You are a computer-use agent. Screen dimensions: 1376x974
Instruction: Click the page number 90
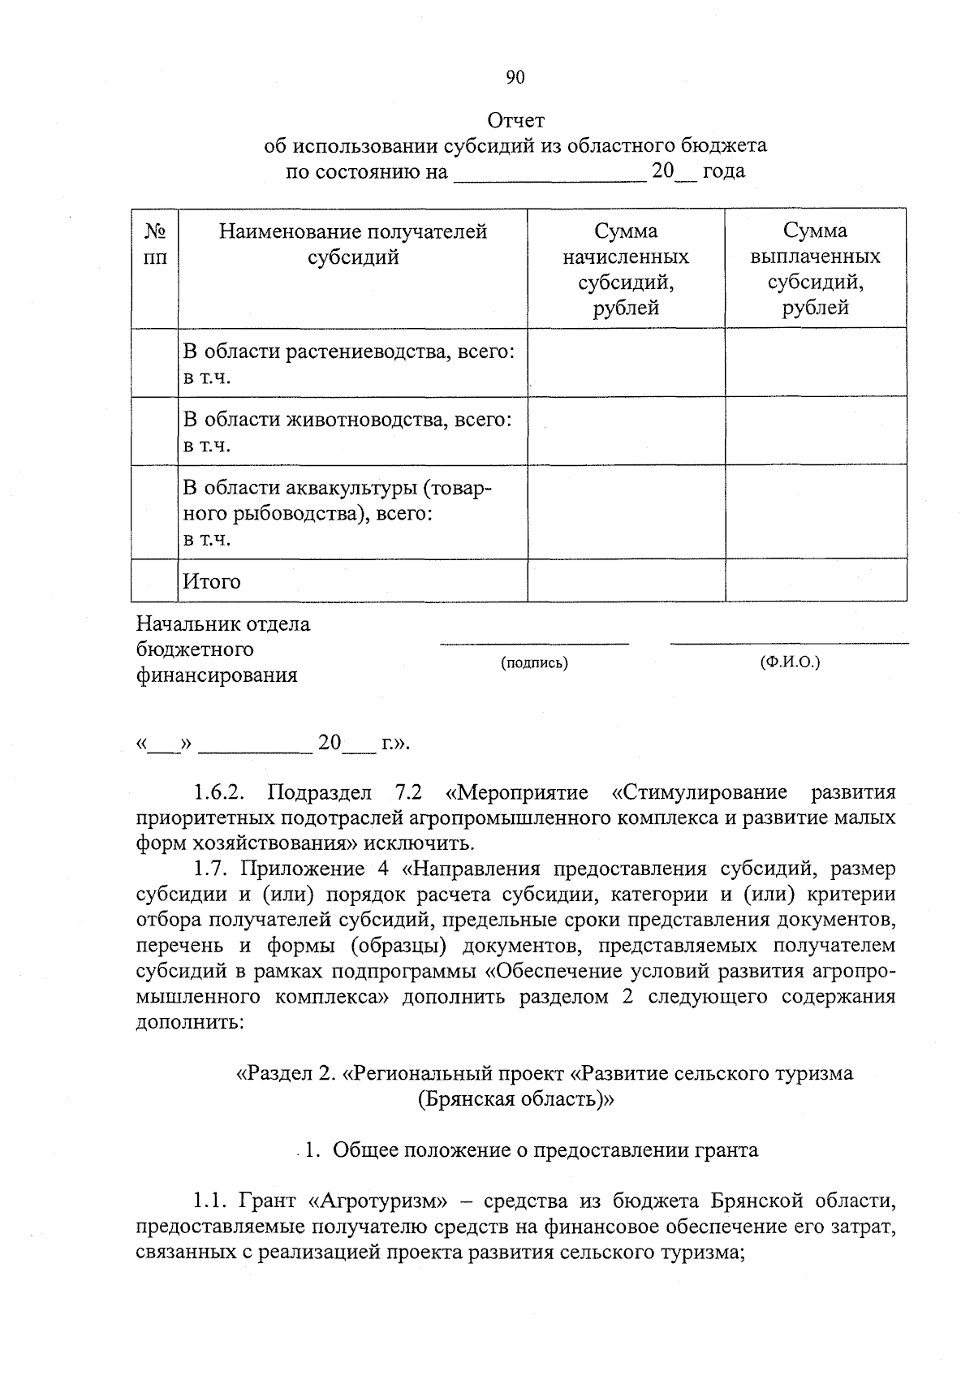click(515, 77)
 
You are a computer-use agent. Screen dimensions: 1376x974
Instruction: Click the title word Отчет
click(515, 121)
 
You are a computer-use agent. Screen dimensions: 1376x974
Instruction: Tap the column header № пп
click(155, 244)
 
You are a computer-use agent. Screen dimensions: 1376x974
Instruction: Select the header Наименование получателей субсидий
click(353, 244)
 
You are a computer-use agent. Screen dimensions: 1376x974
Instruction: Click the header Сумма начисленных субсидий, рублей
click(626, 270)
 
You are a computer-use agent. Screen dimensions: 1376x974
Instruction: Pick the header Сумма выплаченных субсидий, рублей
click(816, 270)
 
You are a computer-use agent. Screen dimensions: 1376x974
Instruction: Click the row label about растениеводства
click(349, 352)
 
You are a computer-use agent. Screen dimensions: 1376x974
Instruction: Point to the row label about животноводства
click(347, 421)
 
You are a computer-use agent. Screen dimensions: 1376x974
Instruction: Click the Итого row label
click(212, 581)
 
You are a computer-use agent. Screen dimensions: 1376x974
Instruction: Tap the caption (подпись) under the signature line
click(535, 663)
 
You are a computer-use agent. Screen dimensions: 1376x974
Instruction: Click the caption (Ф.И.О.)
click(790, 662)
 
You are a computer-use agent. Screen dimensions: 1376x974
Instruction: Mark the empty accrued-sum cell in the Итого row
click(626, 580)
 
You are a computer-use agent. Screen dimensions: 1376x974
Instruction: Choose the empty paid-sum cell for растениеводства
click(816, 363)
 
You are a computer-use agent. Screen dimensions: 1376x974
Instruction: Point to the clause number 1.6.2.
click(222, 792)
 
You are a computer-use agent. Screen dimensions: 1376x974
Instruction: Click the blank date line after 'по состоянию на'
click(549, 173)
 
